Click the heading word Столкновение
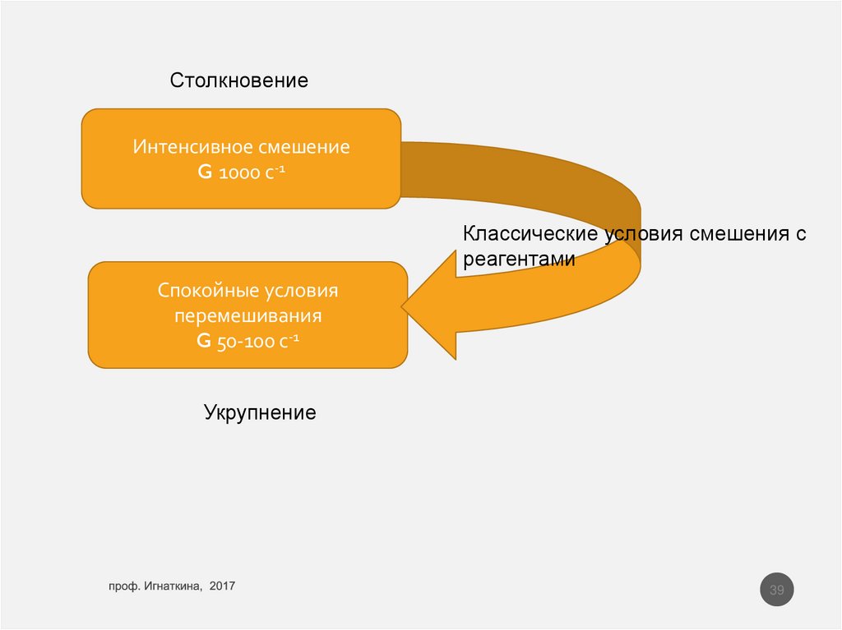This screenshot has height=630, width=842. click(x=239, y=80)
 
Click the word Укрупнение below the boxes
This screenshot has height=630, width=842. click(x=260, y=412)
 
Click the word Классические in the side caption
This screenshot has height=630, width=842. click(x=530, y=234)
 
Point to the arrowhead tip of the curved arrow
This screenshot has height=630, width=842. click(x=404, y=308)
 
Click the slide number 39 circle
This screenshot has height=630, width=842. click(x=776, y=590)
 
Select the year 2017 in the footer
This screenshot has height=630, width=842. click(x=222, y=586)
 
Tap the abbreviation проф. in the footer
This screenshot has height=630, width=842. click(x=123, y=586)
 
